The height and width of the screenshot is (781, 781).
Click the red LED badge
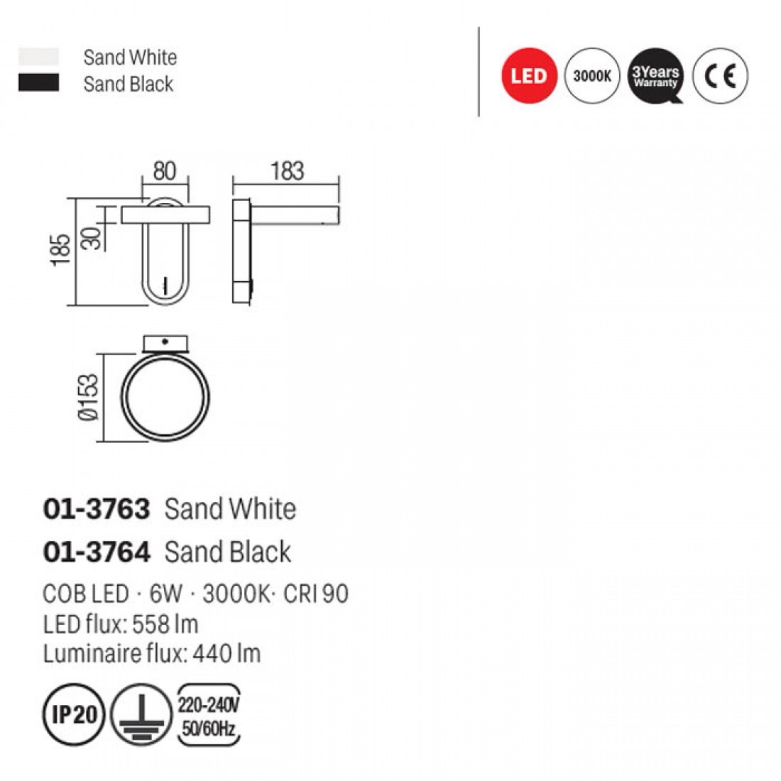click(x=529, y=76)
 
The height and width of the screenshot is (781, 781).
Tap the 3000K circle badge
click(x=592, y=76)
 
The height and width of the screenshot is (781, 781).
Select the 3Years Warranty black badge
click(x=656, y=76)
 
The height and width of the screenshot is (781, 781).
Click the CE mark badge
click(x=720, y=76)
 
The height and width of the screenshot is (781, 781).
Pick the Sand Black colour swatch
click(x=38, y=82)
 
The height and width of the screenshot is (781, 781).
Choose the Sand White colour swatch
click(x=38, y=56)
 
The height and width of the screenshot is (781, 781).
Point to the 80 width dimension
click(x=165, y=171)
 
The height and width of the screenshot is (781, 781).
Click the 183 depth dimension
click(x=288, y=171)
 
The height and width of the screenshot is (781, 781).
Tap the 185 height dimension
click(x=61, y=250)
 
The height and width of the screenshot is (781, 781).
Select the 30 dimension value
click(x=91, y=239)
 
